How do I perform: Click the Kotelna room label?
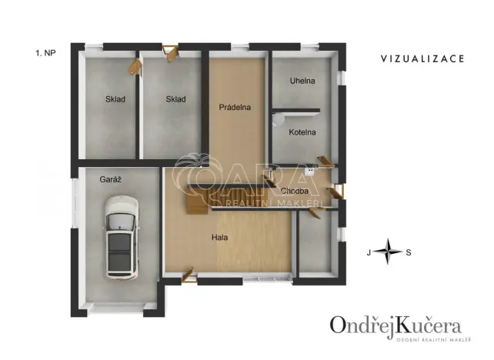coord(303,132)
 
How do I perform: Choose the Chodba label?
coord(295,191)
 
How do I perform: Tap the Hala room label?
coord(220,237)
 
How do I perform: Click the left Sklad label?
coord(115,99)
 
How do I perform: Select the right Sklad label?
coord(176,99)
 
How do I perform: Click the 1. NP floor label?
coord(45,53)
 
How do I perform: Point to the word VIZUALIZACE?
coord(422,58)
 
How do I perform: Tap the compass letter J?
coord(369,252)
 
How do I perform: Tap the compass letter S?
coord(409,252)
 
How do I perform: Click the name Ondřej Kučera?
coord(396,324)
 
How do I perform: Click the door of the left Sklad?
coord(137,65)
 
